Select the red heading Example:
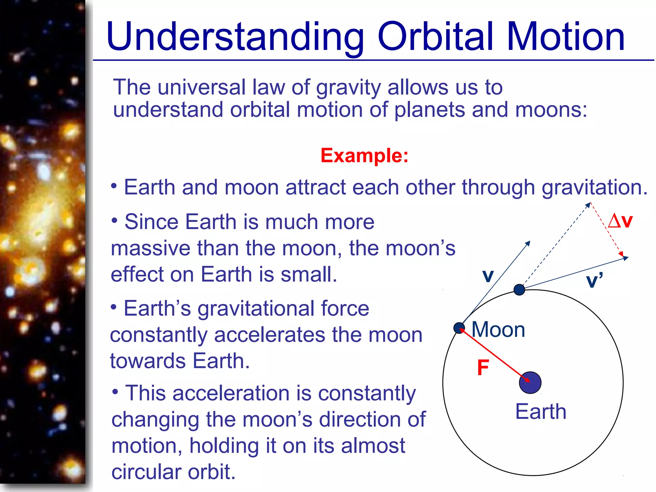point(365,156)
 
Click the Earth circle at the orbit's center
point(530,382)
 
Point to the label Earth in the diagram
point(541,412)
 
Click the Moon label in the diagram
point(498,330)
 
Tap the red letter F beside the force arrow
point(483,367)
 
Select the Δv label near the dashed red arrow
point(620,221)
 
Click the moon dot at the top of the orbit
point(519,290)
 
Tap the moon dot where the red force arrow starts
point(459,328)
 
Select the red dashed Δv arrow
point(607,229)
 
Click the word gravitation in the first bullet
point(594,187)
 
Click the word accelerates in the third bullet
point(269,335)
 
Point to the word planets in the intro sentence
point(430,110)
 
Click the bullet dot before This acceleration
point(116,391)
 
